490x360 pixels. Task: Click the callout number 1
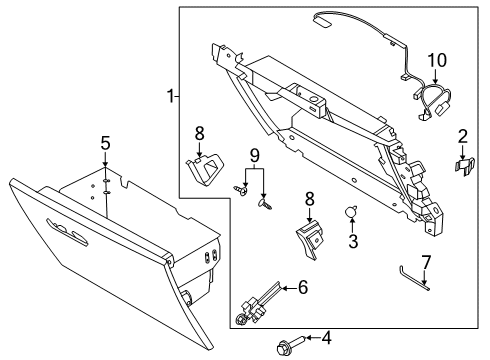click(x=171, y=96)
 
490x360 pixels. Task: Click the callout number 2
click(x=462, y=137)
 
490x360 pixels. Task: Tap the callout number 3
click(x=352, y=242)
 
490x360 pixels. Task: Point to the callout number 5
click(x=104, y=142)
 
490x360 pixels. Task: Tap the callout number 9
click(x=254, y=156)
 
